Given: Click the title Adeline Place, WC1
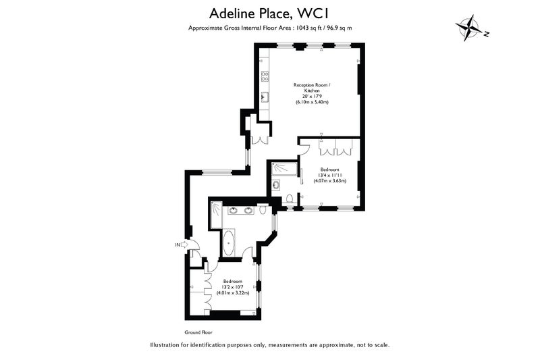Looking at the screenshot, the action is tap(269, 14).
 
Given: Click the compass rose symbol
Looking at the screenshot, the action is tap(468, 28).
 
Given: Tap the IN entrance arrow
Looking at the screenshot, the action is tap(184, 245).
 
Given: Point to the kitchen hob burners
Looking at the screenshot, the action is tap(265, 76).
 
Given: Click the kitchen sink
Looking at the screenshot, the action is tap(265, 97).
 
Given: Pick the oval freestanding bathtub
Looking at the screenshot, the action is tap(228, 242).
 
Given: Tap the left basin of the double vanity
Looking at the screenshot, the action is tap(233, 210).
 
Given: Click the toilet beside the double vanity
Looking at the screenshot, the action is tap(263, 209).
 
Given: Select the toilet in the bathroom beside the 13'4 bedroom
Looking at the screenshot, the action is tap(290, 199).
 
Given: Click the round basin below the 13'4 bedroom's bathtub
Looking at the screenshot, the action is tap(276, 185).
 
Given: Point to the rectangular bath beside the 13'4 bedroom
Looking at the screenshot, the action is tap(283, 169).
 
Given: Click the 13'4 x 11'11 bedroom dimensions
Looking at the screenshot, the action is tap(329, 175).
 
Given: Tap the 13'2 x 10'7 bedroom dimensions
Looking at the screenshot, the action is tap(232, 287).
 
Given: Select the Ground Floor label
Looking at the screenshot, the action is tap(198, 332).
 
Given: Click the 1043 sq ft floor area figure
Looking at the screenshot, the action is tap(306, 28).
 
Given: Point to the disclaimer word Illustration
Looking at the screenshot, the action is tap(164, 344).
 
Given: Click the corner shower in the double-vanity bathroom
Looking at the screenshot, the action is tap(215, 214).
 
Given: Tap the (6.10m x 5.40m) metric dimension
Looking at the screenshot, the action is tap(312, 102).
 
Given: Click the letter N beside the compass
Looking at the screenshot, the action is tap(486, 34).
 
